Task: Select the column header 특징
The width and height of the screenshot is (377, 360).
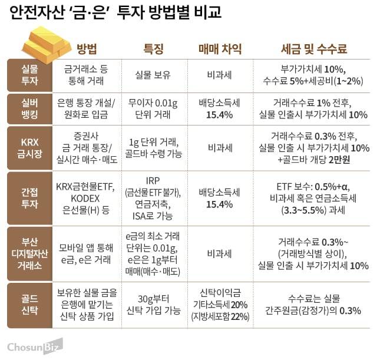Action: click(x=154, y=49)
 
